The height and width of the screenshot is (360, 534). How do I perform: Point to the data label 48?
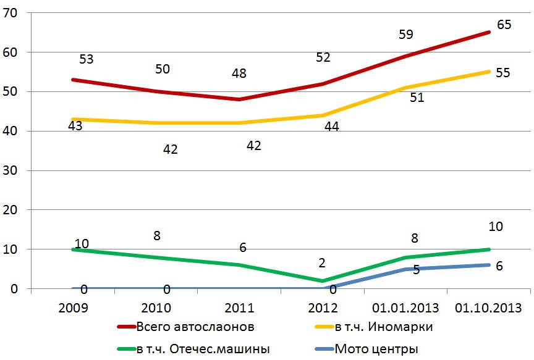coord(239,73)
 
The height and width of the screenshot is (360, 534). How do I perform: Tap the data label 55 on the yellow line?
coord(502,73)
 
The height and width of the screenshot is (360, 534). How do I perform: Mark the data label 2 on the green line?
coord(322,262)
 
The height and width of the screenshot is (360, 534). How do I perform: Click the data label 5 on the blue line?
coord(417,270)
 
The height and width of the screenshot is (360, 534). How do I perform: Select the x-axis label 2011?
coord(239,308)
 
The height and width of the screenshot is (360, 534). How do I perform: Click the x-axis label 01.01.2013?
coord(405,308)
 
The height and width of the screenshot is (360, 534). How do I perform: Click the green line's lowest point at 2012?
coord(322,280)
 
